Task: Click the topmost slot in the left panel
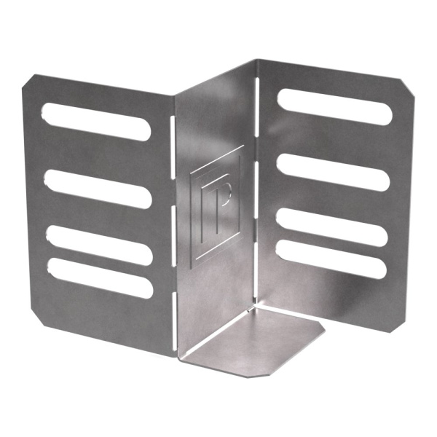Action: click(x=96, y=122)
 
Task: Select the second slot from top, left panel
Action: click(x=98, y=189)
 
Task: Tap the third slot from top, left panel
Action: click(x=100, y=245)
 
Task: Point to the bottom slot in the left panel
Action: click(x=101, y=278)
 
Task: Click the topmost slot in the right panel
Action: click(x=335, y=107)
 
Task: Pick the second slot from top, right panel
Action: click(x=333, y=172)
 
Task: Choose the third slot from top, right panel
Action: click(x=332, y=227)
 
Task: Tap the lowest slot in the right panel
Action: click(x=331, y=259)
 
